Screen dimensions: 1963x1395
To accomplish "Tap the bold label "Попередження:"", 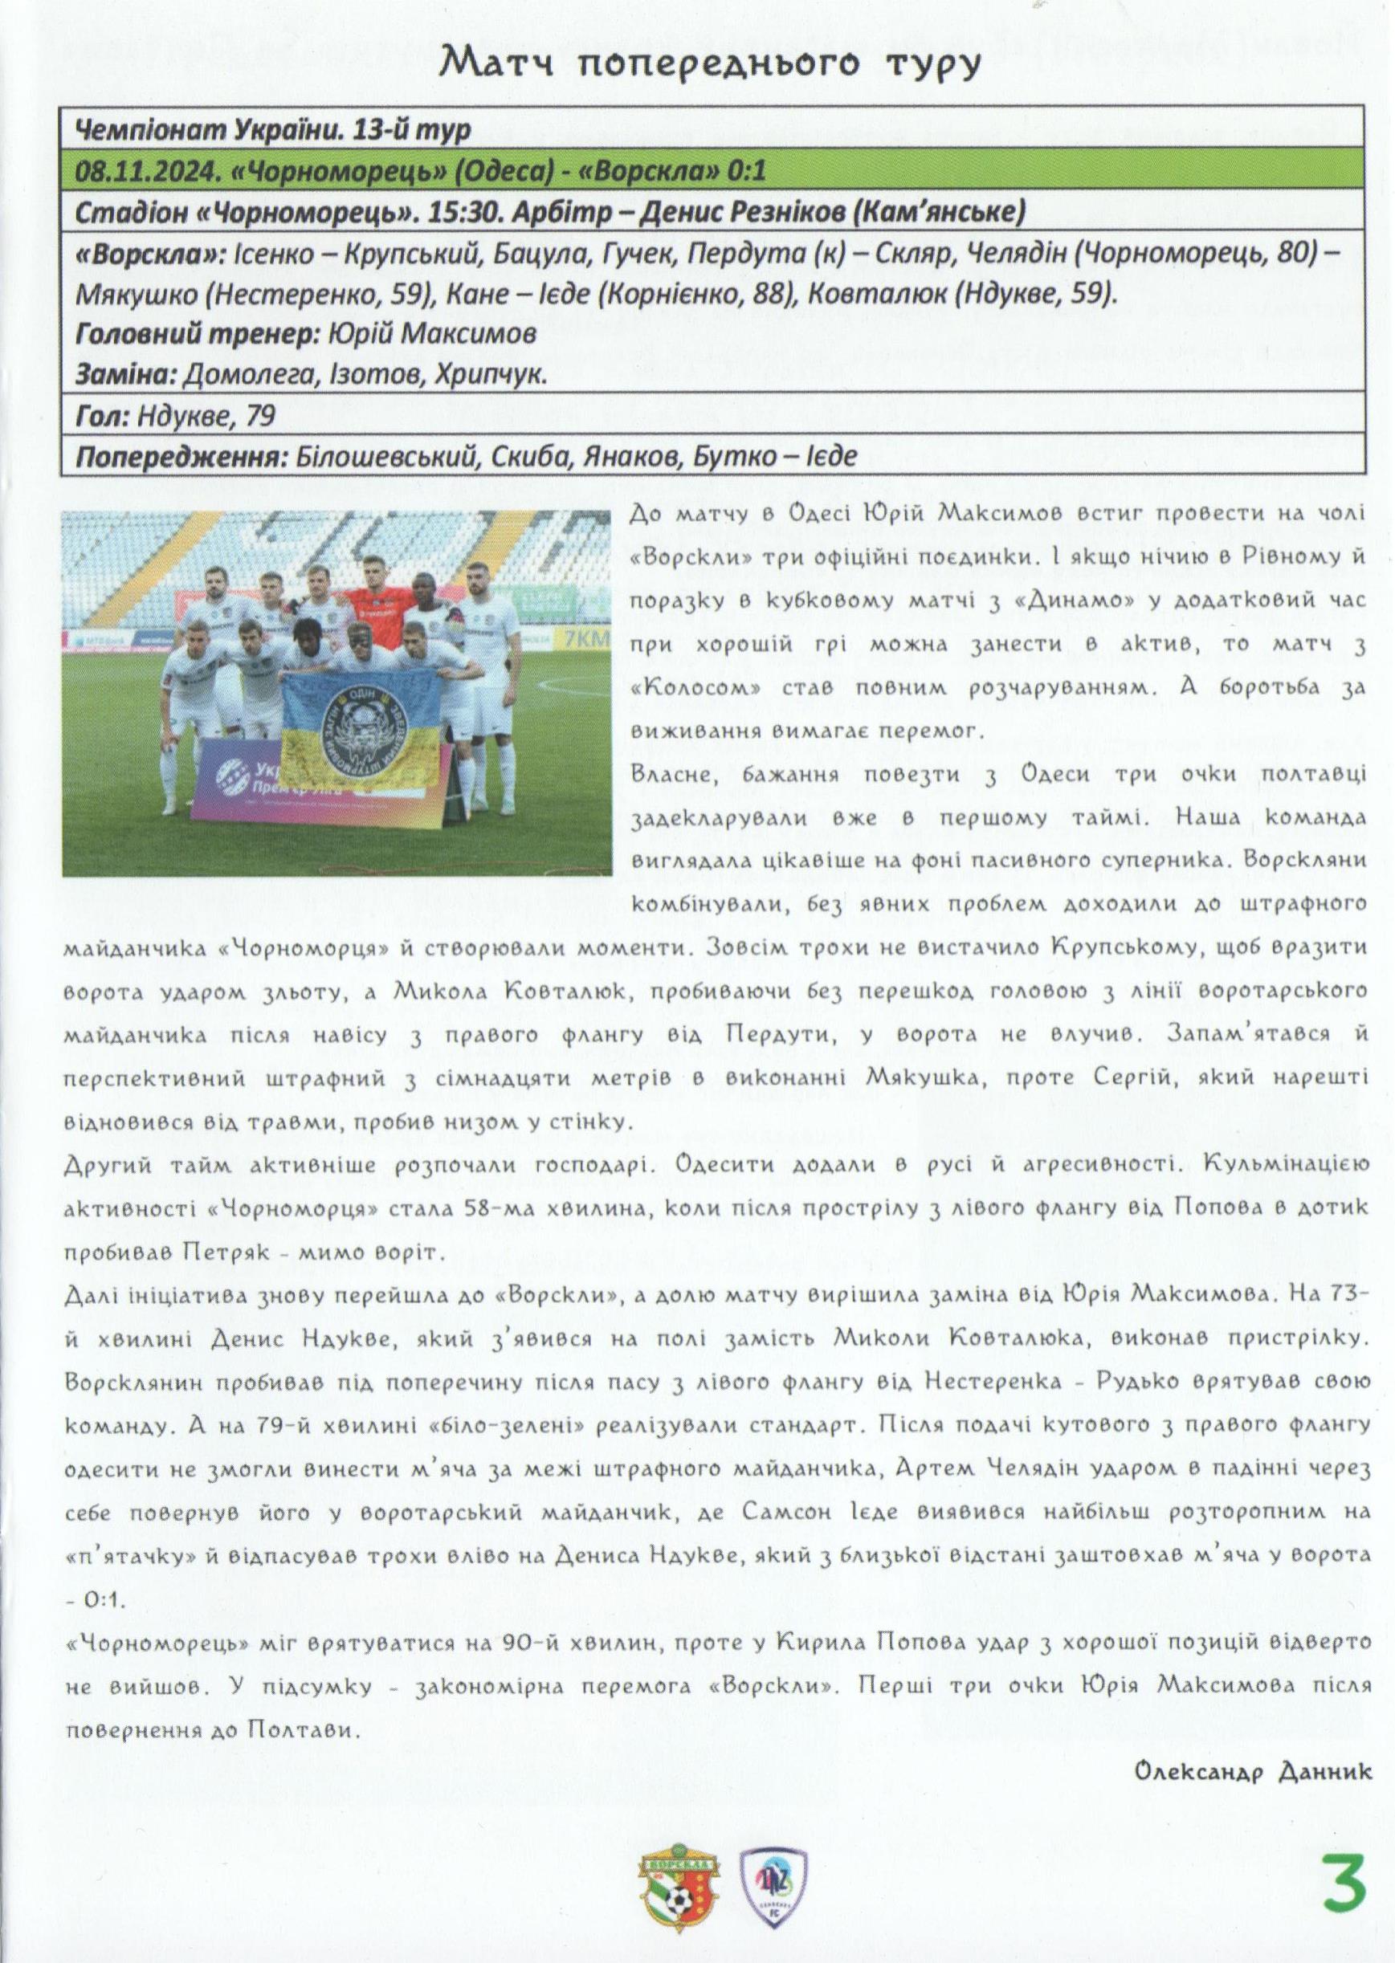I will pos(182,456).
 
